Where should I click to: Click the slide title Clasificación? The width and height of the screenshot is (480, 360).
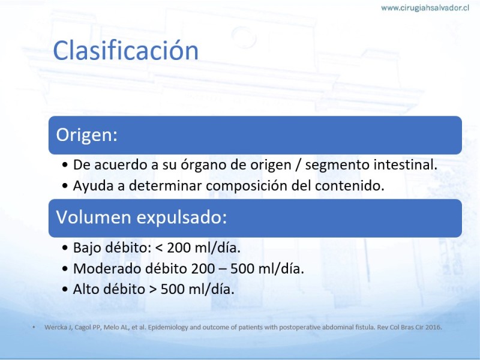point(126,50)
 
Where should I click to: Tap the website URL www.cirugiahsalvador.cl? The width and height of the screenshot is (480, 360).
point(425,8)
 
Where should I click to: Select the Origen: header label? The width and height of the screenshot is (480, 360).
point(87,134)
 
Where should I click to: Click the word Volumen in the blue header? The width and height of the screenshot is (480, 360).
point(94,217)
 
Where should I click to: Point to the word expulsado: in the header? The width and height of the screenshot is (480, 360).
point(182,218)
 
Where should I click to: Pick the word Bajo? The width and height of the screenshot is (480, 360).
point(87,248)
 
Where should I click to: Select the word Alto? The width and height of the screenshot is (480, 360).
point(85,289)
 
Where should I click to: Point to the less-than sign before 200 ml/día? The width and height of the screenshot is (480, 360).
point(159,248)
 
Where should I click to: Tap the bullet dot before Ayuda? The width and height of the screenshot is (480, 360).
point(65,186)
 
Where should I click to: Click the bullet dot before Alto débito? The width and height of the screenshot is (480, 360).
point(65,290)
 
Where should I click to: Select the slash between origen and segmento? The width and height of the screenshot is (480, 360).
point(298,165)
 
